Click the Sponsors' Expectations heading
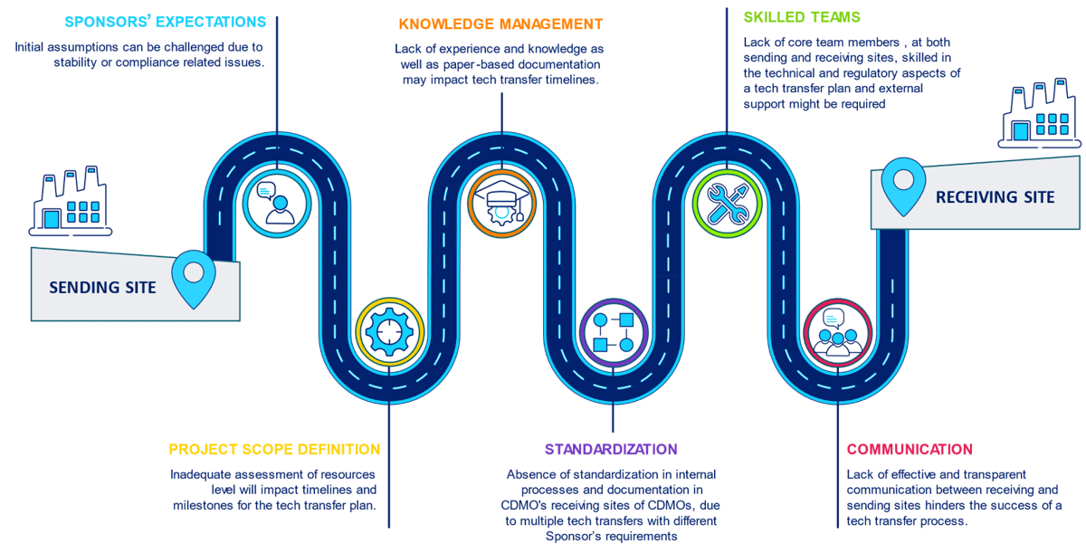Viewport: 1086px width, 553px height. coord(166,22)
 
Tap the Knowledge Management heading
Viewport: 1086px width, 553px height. coord(500,24)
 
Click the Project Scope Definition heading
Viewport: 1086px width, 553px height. coord(274,450)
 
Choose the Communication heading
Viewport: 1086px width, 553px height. coord(910,450)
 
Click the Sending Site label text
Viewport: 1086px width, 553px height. coord(102,288)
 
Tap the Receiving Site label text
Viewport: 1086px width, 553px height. coord(995,196)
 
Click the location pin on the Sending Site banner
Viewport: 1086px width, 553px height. coord(194,278)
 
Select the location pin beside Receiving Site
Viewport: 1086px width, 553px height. coord(903,186)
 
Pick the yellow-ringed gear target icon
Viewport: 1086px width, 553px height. coord(390,331)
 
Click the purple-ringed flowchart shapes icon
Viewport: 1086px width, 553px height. coord(614,331)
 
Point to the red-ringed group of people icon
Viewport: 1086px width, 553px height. coord(837,331)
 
